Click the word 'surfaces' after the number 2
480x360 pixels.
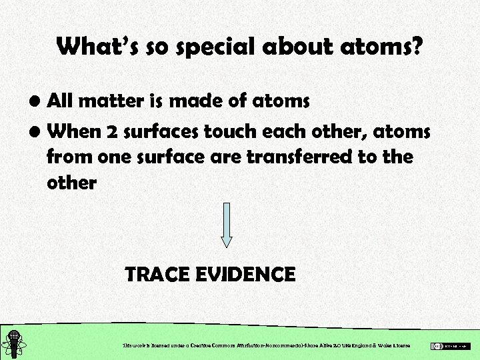click(155, 132)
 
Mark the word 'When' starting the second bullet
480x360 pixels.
click(73, 131)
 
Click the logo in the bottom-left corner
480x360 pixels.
click(13, 341)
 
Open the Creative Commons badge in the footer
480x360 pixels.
click(451, 346)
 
